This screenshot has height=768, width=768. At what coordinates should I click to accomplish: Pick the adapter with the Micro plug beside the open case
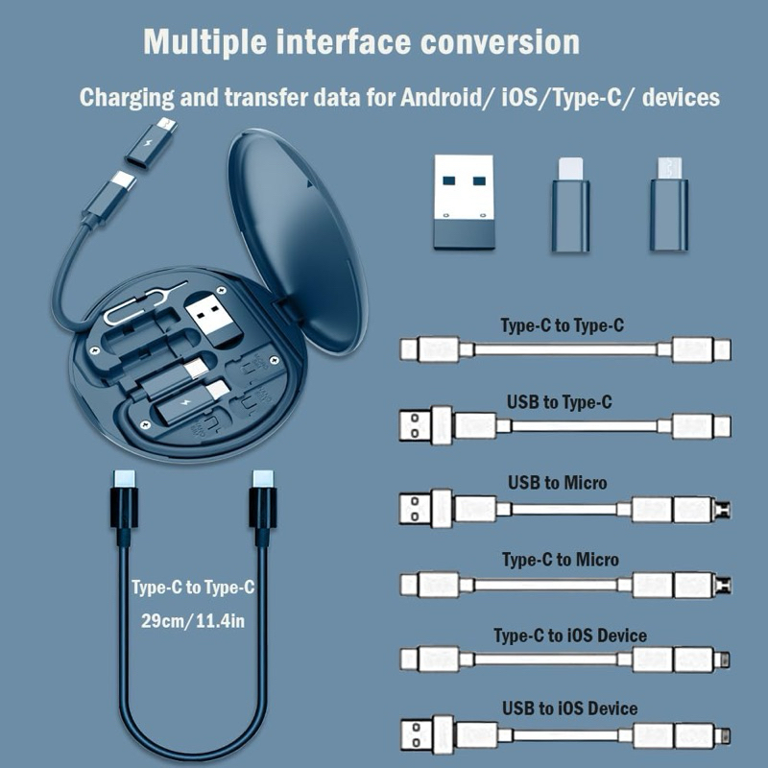click(x=668, y=204)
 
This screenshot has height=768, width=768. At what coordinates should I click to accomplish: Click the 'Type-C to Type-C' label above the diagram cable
click(x=562, y=325)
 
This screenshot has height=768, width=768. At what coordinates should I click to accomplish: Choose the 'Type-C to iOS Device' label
click(x=569, y=636)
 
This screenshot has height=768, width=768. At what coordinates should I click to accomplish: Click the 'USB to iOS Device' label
click(x=569, y=708)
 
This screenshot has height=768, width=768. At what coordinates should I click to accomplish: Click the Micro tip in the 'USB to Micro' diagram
click(x=722, y=509)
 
